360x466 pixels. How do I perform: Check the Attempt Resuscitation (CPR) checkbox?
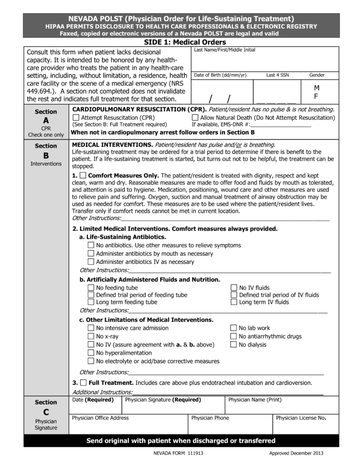pyautogui.click(x=76, y=118)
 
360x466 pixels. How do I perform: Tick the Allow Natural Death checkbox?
pyautogui.click(x=195, y=118)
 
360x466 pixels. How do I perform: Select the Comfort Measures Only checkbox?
pyautogui.click(x=82, y=176)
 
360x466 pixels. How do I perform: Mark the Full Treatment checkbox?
pyautogui.click(x=82, y=383)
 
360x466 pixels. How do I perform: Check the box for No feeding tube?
pyautogui.click(x=91, y=288)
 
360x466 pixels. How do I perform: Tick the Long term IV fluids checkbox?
pyautogui.click(x=234, y=302)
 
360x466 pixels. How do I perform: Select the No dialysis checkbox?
pyautogui.click(x=233, y=344)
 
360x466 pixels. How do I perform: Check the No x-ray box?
pyautogui.click(x=91, y=336)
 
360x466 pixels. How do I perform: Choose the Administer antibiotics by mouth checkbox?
pyautogui.click(x=91, y=253)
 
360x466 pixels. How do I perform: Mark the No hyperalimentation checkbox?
pyautogui.click(x=91, y=353)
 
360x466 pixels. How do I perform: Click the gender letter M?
pyautogui.click(x=316, y=87)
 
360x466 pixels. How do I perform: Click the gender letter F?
pyautogui.click(x=316, y=96)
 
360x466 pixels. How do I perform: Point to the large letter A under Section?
pyautogui.click(x=46, y=121)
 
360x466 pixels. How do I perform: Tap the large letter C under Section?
pyautogui.click(x=46, y=412)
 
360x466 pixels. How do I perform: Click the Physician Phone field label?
pyautogui.click(x=210, y=418)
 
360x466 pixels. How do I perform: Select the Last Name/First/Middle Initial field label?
pyautogui.click(x=224, y=50)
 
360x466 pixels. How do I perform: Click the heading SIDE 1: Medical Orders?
pyautogui.click(x=181, y=41)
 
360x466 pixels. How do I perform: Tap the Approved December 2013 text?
pyautogui.click(x=296, y=454)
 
